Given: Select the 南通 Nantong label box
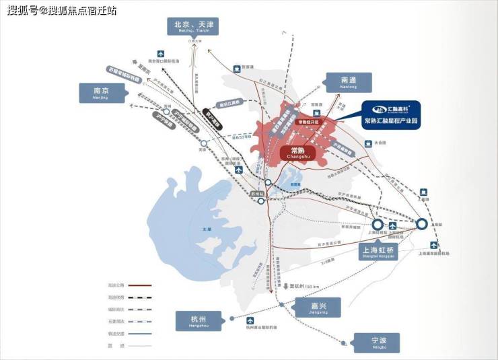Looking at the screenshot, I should coord(349,82).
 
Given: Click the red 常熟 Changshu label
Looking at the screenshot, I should coord(297,153).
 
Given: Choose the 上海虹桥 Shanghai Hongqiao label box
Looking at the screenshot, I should coord(377,252).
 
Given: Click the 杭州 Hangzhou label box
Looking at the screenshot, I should coord(198,320).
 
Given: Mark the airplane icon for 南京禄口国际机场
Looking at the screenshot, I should coord(160,53).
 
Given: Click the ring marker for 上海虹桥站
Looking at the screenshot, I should coord(378,225).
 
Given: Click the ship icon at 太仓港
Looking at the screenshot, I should coord(367,143).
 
